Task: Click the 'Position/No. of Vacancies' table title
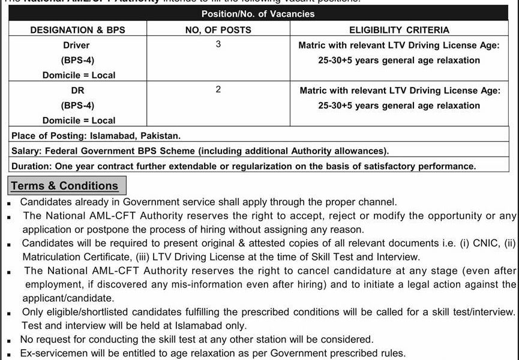click(x=257, y=14)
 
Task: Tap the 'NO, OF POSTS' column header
click(x=218, y=29)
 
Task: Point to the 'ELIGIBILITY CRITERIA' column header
click(x=399, y=29)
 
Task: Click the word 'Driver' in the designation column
click(x=76, y=45)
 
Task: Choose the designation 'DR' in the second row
click(x=76, y=90)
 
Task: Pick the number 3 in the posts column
click(x=218, y=44)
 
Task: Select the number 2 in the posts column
click(x=218, y=89)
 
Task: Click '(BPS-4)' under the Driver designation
click(x=77, y=60)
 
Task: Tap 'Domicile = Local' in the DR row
click(x=79, y=120)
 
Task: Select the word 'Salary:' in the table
click(x=27, y=151)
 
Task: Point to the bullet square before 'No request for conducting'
click(x=10, y=340)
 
